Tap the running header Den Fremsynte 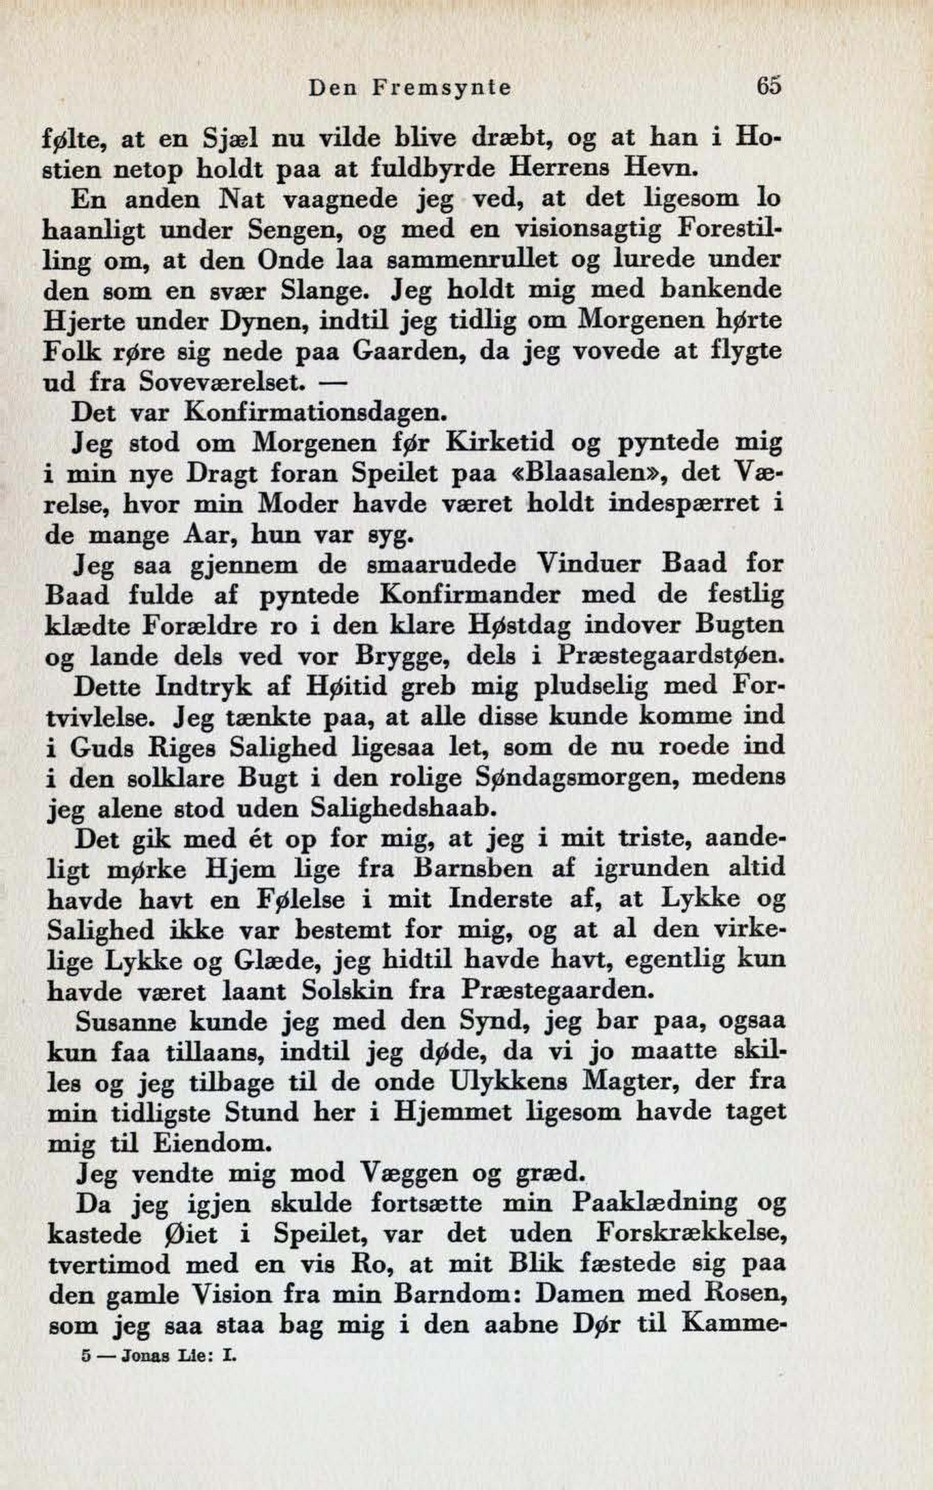pyautogui.click(x=410, y=88)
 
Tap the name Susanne pyautogui.click(x=126, y=1021)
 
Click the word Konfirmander pyautogui.click(x=470, y=595)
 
